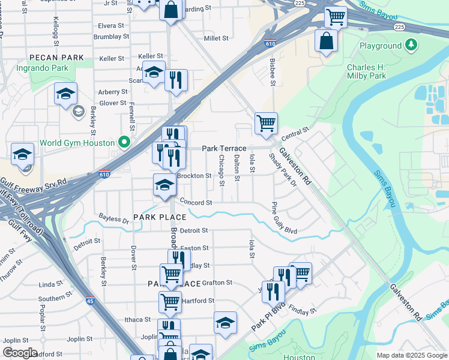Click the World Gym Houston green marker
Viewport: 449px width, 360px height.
[x=124, y=143]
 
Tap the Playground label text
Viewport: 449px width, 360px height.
[x=380, y=46]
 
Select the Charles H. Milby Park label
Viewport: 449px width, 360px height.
[x=375, y=71]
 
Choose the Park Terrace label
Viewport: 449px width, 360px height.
[x=224, y=148]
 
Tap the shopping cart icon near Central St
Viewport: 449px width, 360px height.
[x=266, y=124]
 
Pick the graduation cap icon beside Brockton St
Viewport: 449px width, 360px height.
[x=164, y=185]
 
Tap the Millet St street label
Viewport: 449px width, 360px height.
[x=216, y=38]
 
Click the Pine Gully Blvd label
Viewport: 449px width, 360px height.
[x=284, y=218]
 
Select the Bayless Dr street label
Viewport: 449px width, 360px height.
[x=114, y=220]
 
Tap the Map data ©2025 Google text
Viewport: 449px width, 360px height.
[x=411, y=355]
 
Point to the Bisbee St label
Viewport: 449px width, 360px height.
[x=273, y=71]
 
